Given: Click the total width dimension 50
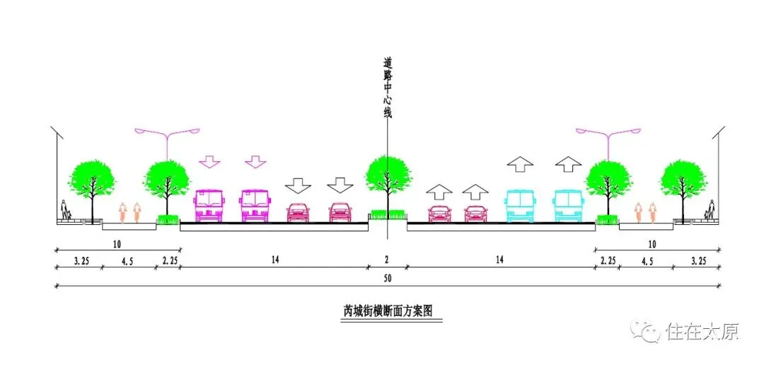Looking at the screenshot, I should (387, 279).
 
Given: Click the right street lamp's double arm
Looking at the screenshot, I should (608, 132).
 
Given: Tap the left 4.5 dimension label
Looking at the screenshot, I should (129, 260).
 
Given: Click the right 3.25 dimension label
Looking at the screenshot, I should (697, 260).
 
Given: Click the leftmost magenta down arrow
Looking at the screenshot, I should (209, 161).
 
